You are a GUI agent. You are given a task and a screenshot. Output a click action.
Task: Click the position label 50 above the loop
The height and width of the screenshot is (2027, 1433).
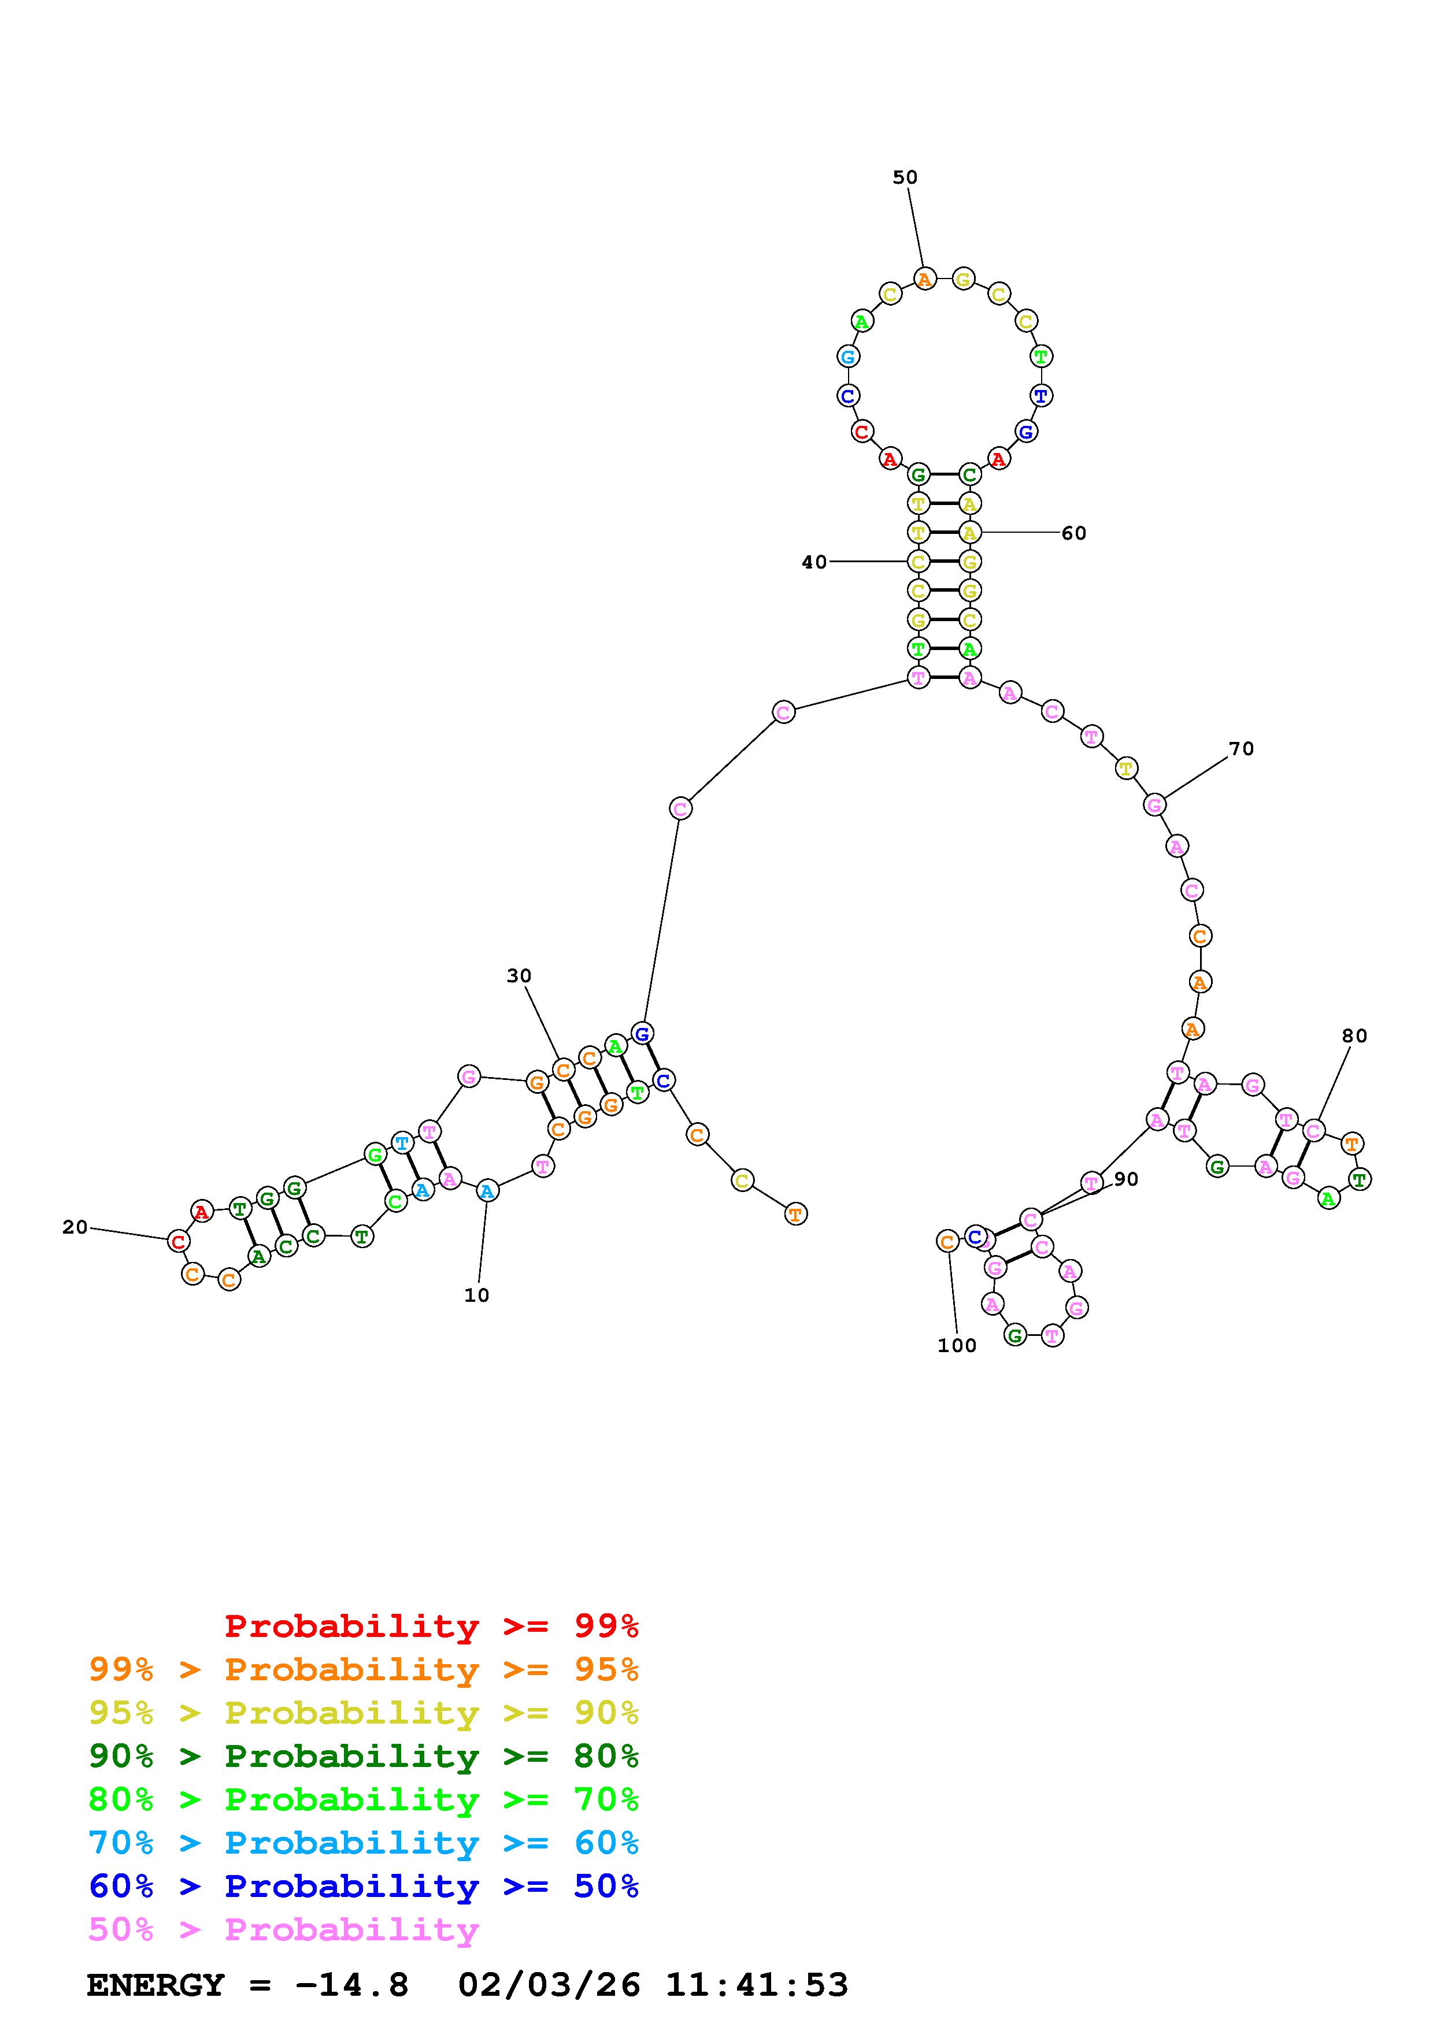coord(905,177)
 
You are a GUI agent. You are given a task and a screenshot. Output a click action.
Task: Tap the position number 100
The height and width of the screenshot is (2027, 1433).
coord(957,1345)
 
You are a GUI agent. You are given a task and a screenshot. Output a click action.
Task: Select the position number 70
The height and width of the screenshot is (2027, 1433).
coord(1242,749)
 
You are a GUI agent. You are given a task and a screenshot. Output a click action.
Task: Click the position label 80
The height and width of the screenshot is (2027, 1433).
coord(1354,1035)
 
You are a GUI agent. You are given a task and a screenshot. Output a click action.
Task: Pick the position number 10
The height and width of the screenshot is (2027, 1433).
coord(477,1295)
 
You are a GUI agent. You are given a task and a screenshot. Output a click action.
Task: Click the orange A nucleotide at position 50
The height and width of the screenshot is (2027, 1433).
coord(924,280)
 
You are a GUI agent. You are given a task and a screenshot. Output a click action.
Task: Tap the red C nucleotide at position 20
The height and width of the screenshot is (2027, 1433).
coord(179,1241)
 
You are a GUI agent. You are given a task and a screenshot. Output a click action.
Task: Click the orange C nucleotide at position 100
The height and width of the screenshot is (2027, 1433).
coord(946,1241)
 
